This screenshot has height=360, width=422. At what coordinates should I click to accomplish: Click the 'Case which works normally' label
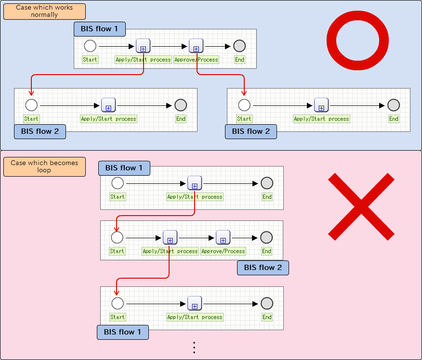click(44, 11)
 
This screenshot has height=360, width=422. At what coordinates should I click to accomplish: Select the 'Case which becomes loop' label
click(44, 167)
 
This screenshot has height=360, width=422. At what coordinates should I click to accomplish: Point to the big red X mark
click(361, 206)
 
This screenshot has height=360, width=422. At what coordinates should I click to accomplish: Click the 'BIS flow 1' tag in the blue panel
click(100, 29)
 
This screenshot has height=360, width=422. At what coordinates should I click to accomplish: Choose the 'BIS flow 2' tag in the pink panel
click(263, 268)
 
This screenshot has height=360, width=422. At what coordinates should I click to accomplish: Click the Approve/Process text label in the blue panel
click(196, 60)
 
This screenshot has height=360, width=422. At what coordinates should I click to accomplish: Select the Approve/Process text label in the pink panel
click(223, 251)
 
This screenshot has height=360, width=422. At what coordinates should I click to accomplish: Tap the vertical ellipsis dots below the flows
click(194, 347)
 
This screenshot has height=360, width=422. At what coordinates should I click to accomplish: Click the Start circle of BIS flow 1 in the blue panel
click(90, 46)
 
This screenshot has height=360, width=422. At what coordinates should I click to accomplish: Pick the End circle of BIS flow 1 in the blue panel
click(239, 46)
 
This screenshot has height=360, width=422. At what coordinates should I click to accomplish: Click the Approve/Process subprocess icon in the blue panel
click(196, 46)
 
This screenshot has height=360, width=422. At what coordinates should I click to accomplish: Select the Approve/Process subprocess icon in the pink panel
click(223, 237)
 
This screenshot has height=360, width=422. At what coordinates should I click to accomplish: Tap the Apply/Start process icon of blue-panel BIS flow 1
click(143, 46)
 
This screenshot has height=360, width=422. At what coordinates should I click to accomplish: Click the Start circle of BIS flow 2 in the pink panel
click(117, 237)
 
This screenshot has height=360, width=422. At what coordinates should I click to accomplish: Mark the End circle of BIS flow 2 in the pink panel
click(266, 237)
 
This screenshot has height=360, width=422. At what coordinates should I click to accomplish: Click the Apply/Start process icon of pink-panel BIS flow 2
click(170, 237)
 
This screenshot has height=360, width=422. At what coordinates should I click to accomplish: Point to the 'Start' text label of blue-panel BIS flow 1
click(90, 60)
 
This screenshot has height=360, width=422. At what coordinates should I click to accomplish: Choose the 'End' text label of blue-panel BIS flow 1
click(239, 60)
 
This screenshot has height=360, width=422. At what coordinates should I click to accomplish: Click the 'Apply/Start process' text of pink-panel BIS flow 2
click(171, 251)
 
